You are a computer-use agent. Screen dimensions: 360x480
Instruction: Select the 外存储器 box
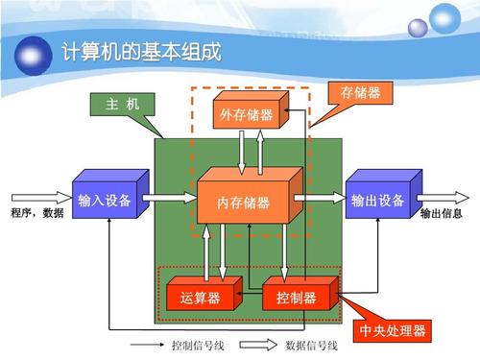tap(246, 116)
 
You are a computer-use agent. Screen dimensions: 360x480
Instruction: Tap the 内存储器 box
tap(244, 203)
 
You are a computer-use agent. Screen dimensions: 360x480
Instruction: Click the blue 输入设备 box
tap(105, 201)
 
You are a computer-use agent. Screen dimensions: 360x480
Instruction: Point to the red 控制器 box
tap(296, 297)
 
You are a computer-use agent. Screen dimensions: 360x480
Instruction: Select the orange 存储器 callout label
tap(360, 93)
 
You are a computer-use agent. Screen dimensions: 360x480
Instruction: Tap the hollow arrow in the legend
tap(255, 346)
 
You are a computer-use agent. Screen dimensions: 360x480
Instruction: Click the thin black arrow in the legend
tap(145, 346)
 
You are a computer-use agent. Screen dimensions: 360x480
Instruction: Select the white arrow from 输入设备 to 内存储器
tap(168, 199)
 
